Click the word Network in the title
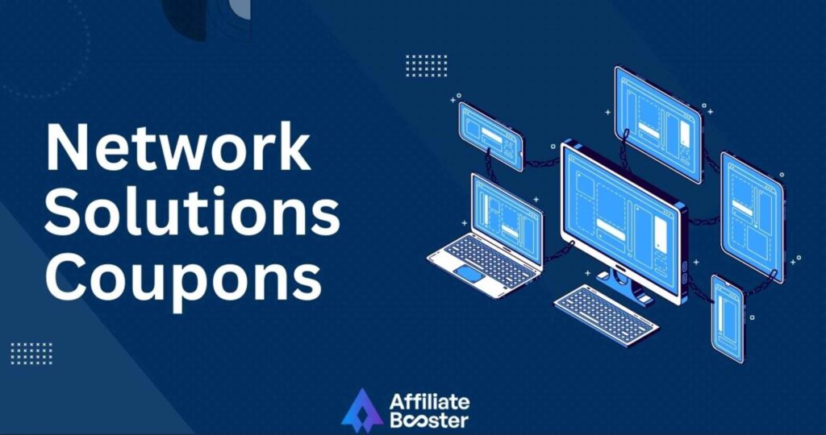point(178,147)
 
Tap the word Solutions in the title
point(192,210)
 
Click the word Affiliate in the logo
point(429,403)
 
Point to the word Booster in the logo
point(429,420)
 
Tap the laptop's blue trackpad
point(469,274)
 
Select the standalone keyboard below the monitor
point(606,315)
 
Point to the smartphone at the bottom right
point(728,319)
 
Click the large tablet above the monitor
point(658,124)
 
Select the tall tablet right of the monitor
point(753,217)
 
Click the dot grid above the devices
point(427,66)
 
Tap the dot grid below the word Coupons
point(31,354)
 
